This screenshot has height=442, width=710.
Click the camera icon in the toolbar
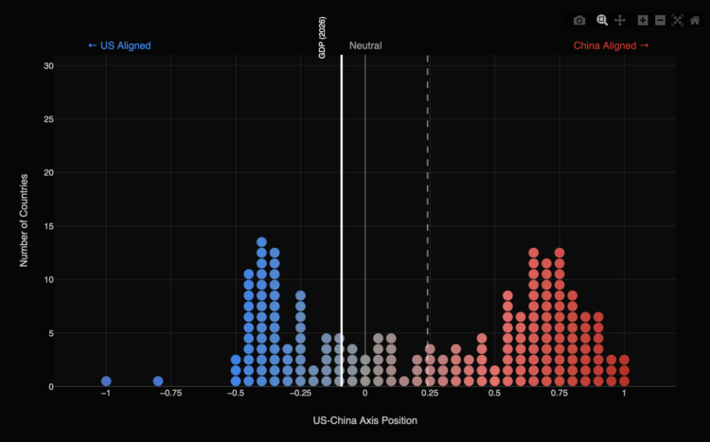[x=579, y=20]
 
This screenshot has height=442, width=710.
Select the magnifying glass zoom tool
[x=601, y=20]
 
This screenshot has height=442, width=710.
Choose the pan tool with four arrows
[x=620, y=20]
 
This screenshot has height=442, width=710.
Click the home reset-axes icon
[x=695, y=20]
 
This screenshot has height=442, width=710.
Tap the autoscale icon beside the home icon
[x=677, y=20]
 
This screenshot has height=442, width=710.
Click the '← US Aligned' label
[x=119, y=45]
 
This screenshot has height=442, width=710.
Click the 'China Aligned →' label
[x=611, y=45]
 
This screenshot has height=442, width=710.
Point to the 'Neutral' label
[x=365, y=45]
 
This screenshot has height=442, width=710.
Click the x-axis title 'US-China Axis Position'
[x=364, y=419]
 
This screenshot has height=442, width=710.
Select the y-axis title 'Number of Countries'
[x=26, y=219]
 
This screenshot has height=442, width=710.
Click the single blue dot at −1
[x=106, y=381]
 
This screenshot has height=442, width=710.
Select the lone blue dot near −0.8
[x=158, y=381]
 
